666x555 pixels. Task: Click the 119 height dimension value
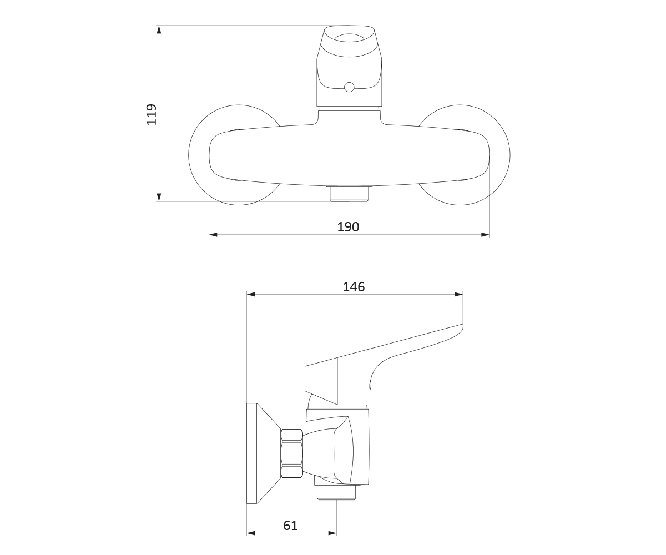tap(151, 114)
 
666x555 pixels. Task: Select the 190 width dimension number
tap(348, 227)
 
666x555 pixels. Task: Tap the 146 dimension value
tap(354, 287)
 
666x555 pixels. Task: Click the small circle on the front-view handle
tap(349, 87)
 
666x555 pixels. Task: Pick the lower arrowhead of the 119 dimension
tap(159, 197)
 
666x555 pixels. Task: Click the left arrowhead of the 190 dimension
tap(213, 235)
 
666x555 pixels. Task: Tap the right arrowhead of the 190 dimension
tap(485, 235)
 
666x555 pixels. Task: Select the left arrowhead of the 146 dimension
tap(251, 294)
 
